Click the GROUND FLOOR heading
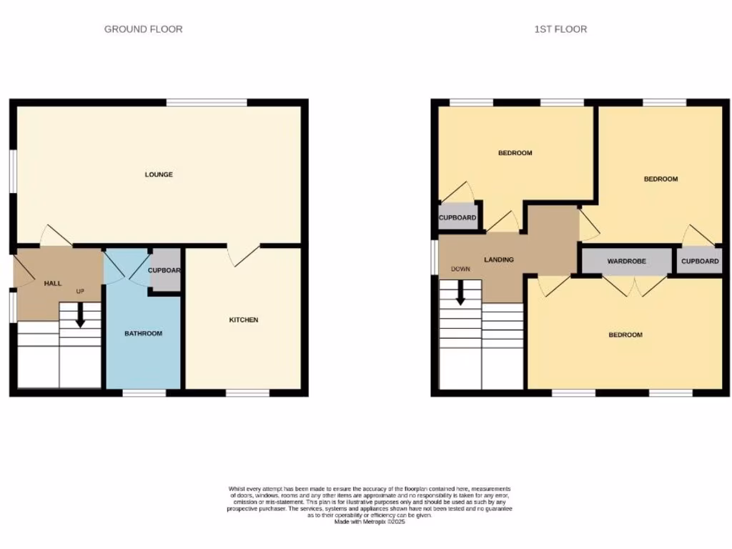click(143, 29)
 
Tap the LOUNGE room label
click(159, 174)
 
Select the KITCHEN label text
click(244, 320)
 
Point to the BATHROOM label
click(143, 333)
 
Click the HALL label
click(53, 284)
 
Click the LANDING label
click(498, 259)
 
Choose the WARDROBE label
click(626, 262)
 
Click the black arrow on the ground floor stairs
click(80, 315)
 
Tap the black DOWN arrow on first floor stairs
click(460, 291)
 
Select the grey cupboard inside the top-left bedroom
click(457, 217)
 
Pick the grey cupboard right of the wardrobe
click(700, 262)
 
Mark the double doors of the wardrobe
click(634, 286)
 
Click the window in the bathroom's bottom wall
click(144, 392)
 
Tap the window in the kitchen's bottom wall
click(247, 392)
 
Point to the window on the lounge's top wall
click(207, 103)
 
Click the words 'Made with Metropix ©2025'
click(370, 523)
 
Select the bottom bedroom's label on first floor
click(625, 335)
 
